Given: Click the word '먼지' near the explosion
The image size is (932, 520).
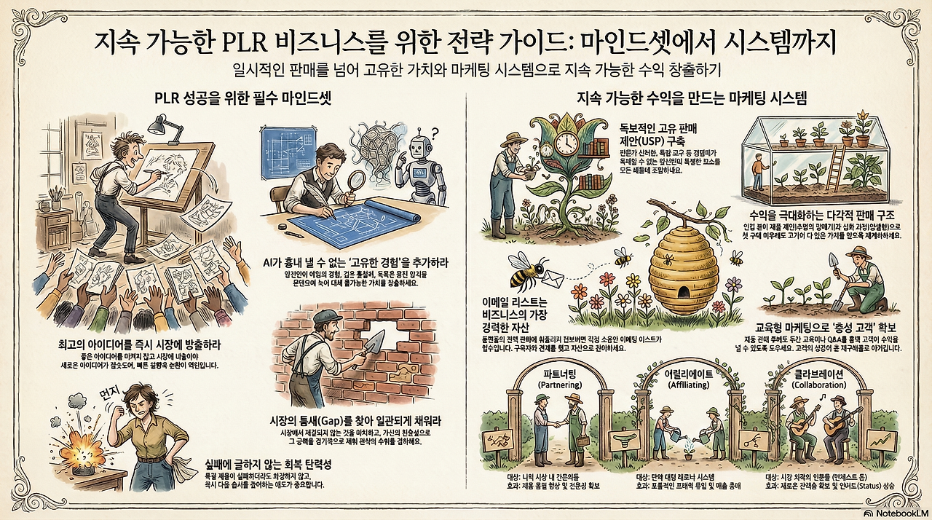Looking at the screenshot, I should (x=108, y=394).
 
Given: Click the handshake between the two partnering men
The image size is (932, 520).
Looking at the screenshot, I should (x=558, y=422).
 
